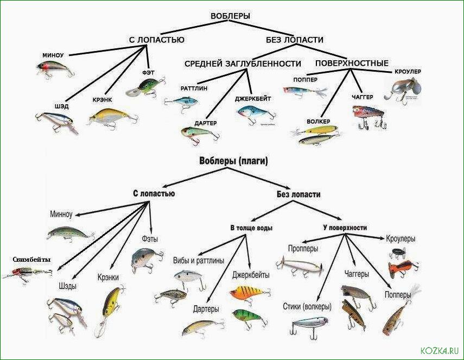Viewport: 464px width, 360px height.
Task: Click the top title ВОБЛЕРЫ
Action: coord(230,16)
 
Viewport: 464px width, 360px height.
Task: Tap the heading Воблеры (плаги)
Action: coord(233,161)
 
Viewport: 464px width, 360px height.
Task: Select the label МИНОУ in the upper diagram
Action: coord(53,55)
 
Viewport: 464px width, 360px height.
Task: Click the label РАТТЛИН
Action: coord(194,88)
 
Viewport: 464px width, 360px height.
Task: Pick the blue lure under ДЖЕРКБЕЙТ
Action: coord(257,114)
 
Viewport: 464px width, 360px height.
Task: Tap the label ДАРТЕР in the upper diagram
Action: coord(206,123)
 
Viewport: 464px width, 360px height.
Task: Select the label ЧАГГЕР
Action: coord(363,97)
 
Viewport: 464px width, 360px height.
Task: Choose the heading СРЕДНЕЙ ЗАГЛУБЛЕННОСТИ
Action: coord(243,64)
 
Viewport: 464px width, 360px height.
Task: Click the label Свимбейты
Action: coord(31,260)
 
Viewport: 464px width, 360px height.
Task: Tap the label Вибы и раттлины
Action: coord(199,261)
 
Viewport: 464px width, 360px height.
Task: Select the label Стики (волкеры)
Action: coord(307,307)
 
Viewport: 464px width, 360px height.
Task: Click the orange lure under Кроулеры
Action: coord(403,268)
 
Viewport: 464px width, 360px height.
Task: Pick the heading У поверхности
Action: coord(345,228)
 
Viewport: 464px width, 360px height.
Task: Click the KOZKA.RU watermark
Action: coord(440,351)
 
